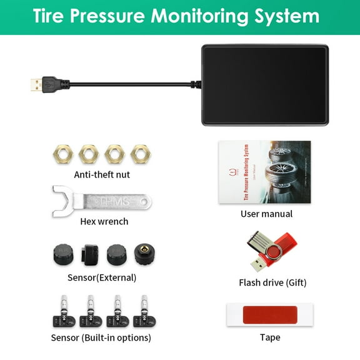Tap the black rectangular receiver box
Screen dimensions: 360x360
265,84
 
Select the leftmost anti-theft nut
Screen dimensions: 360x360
62,154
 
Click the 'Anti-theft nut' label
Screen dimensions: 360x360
102,174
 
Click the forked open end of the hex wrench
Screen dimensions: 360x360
61,200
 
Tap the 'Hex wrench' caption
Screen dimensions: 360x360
104,221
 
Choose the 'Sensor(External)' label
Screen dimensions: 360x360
102,277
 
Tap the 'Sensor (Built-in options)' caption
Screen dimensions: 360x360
101,338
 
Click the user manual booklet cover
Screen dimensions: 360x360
264,171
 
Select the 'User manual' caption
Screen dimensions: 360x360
266,214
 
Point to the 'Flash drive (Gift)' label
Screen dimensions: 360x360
272,282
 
